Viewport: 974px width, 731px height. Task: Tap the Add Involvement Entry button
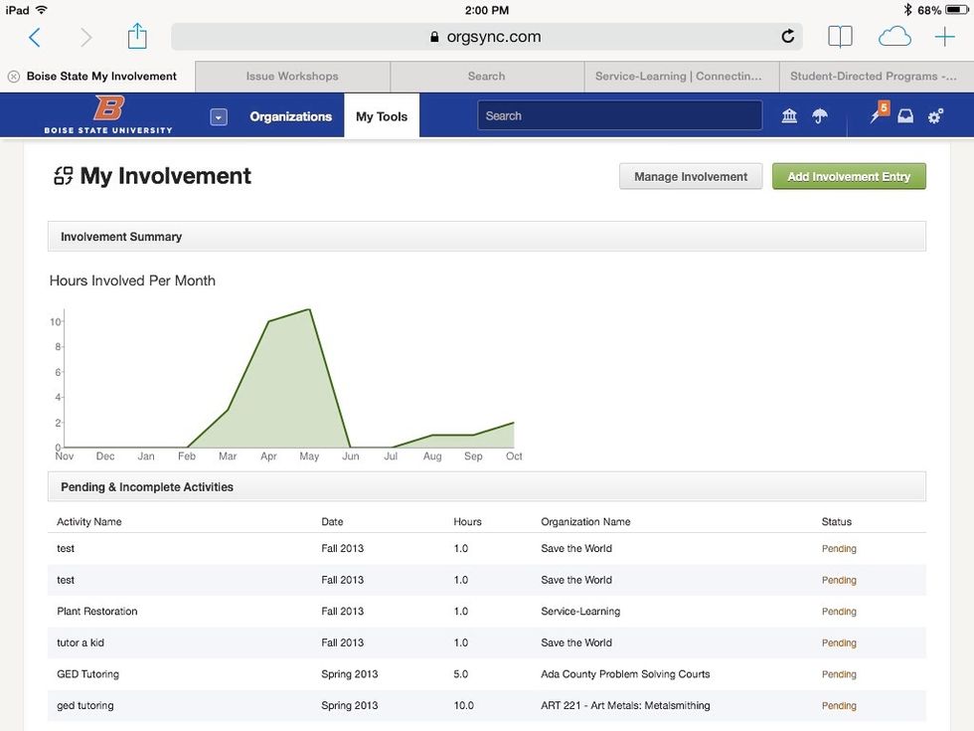(x=849, y=176)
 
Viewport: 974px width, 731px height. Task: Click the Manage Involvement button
(x=691, y=176)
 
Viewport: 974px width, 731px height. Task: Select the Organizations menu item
(x=290, y=116)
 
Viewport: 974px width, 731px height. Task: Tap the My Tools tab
(x=382, y=116)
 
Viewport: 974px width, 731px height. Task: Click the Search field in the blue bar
(x=619, y=116)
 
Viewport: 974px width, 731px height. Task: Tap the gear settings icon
(x=935, y=116)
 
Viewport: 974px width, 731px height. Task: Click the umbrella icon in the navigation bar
(x=820, y=116)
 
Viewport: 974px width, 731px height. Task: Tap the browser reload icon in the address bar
(x=788, y=37)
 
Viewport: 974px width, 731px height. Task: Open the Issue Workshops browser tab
(x=292, y=77)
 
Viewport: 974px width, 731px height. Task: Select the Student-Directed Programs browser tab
(x=873, y=77)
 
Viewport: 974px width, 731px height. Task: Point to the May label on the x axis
(x=309, y=457)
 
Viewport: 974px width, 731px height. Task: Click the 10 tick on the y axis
(x=57, y=321)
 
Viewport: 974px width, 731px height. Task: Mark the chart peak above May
(x=309, y=309)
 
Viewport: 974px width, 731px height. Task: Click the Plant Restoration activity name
(x=97, y=612)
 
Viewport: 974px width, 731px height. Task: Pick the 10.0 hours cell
(x=463, y=706)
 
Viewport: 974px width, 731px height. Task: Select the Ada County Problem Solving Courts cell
(x=625, y=674)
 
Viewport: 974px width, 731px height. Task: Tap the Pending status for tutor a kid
(x=839, y=643)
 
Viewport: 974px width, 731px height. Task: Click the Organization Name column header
(x=585, y=522)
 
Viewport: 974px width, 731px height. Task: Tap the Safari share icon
(x=137, y=37)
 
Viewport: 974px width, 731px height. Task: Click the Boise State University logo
(x=108, y=115)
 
